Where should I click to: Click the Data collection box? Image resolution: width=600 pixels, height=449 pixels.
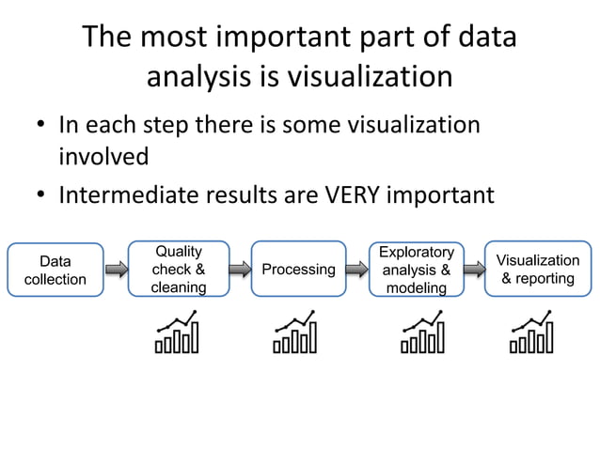click(x=55, y=270)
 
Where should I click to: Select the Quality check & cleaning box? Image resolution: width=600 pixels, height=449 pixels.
click(x=179, y=270)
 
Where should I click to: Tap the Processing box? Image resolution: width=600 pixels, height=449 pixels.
click(x=298, y=270)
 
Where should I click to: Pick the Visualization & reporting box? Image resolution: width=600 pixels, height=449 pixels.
click(x=538, y=270)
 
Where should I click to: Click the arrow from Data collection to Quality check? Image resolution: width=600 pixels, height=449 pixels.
click(x=117, y=270)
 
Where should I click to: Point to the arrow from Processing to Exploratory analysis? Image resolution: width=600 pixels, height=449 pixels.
click(x=357, y=270)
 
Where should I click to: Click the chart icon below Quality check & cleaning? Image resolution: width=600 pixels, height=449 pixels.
click(x=178, y=333)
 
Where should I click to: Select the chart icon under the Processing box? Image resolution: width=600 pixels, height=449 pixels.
click(x=295, y=333)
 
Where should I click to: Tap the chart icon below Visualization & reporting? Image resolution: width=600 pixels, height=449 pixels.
click(x=531, y=333)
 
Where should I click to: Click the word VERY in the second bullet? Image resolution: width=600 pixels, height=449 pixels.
click(x=356, y=195)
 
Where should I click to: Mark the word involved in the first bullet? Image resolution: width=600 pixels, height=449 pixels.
click(x=104, y=156)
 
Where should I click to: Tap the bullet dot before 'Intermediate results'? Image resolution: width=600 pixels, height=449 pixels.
click(x=41, y=196)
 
